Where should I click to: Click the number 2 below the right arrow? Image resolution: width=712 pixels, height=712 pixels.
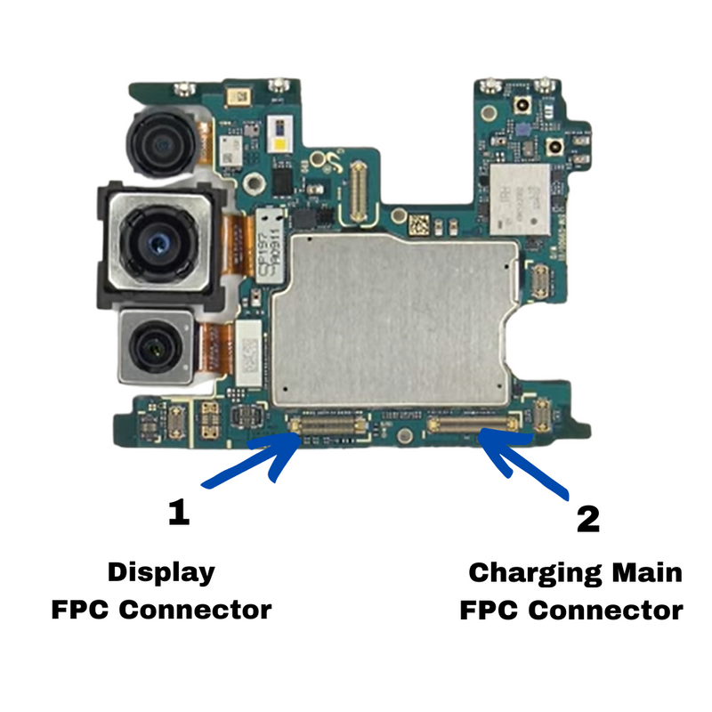[x=588, y=518]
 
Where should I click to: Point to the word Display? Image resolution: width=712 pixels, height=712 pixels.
[x=161, y=571]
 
